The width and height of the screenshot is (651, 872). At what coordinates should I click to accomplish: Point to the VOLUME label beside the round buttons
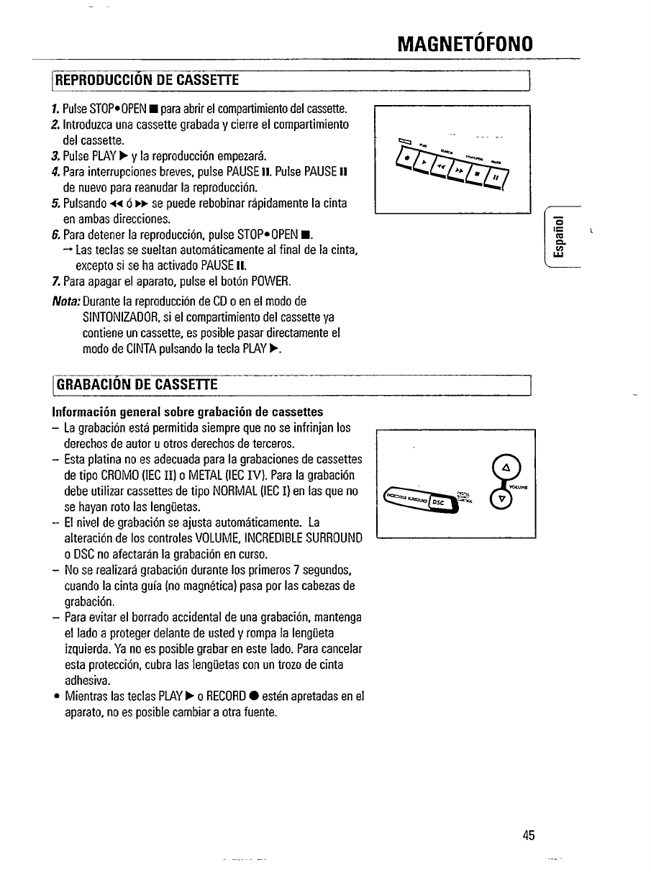[x=522, y=485]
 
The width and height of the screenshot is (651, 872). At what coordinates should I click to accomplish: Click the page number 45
[x=529, y=835]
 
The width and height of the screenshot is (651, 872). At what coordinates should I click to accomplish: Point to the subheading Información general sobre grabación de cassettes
[x=187, y=412]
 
